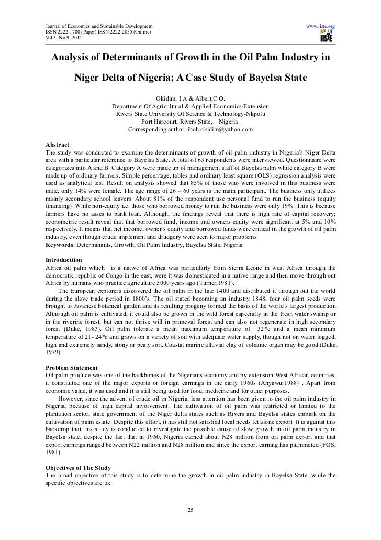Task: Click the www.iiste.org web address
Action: tap(320, 26)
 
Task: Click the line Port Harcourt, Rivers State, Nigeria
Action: tap(190, 120)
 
